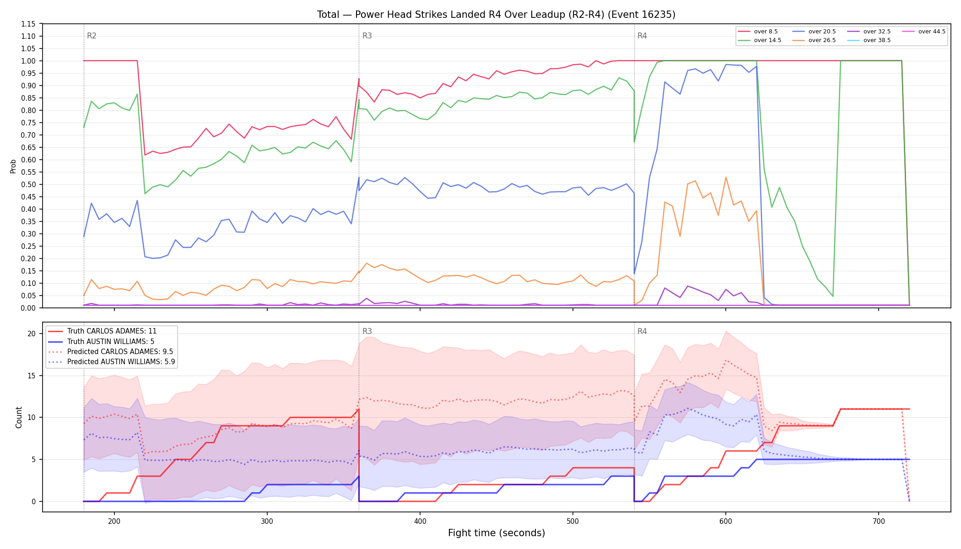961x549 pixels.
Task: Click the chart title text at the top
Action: coord(496,15)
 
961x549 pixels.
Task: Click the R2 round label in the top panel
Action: coord(92,36)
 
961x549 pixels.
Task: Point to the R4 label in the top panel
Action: coord(642,36)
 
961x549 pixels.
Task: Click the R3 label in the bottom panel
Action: coord(367,331)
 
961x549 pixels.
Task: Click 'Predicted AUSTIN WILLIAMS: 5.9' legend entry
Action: coord(112,362)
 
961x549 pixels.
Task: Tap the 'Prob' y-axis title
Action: coord(13,166)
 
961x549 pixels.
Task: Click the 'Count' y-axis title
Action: coord(19,417)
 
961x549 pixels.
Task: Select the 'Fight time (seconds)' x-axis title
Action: coord(497,533)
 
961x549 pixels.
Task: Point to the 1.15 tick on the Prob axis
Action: coord(29,24)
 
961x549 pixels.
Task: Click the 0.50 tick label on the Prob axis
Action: coord(29,184)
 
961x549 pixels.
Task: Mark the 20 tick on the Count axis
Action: coord(32,334)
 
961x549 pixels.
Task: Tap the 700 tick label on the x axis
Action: coord(879,521)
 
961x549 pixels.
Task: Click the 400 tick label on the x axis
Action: coord(420,521)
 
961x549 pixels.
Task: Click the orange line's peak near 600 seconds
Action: coord(726,177)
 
